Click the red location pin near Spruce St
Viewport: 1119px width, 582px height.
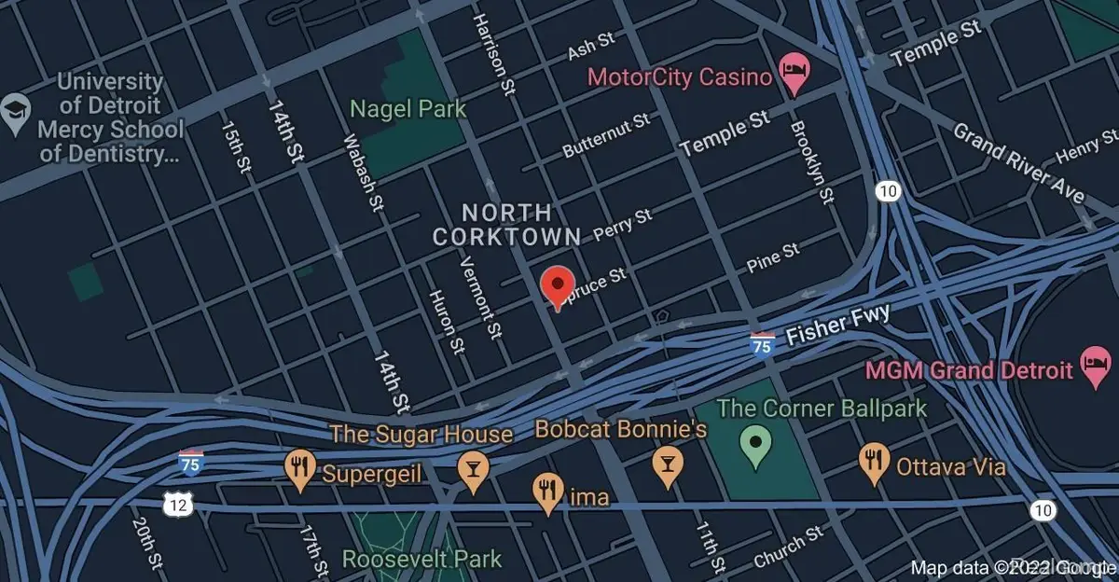(558, 284)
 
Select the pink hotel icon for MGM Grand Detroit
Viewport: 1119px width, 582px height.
(1093, 369)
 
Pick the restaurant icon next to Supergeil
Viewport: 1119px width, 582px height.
(299, 471)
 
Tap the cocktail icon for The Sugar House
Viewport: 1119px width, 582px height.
(472, 471)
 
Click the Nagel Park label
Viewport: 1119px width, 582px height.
(408, 109)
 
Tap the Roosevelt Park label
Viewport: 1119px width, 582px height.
(421, 560)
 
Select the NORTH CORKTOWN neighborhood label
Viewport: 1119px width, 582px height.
(506, 225)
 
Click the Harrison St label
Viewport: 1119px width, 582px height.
(494, 52)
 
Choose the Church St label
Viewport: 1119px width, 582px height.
(787, 547)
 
